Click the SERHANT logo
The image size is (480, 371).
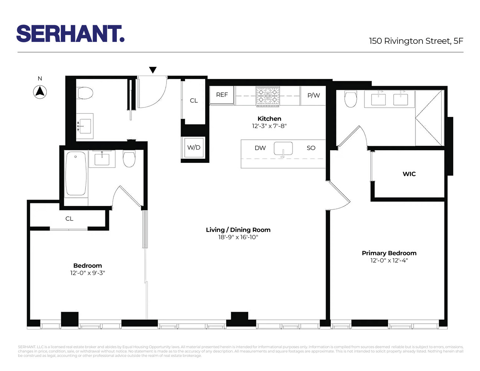click(70, 34)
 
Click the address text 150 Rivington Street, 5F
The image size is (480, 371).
click(416, 41)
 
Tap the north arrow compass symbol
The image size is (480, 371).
click(40, 92)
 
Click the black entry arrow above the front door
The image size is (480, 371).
click(153, 70)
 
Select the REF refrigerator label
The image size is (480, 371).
click(222, 95)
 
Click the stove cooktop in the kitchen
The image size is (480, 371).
click(267, 96)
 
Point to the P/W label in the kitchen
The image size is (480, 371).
click(313, 95)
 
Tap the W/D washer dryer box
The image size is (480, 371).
click(194, 147)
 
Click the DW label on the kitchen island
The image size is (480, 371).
click(260, 148)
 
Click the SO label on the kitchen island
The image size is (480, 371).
click(311, 148)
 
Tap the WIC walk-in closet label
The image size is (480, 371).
click(409, 174)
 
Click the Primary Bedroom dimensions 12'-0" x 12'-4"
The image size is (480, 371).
click(389, 260)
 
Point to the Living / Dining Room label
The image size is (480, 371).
click(238, 230)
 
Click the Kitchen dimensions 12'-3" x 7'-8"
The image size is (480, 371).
click(269, 126)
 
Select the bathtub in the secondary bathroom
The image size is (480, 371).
click(76, 173)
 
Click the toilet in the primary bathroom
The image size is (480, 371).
click(351, 99)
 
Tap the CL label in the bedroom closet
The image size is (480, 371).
click(69, 219)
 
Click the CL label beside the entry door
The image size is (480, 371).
click(194, 101)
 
